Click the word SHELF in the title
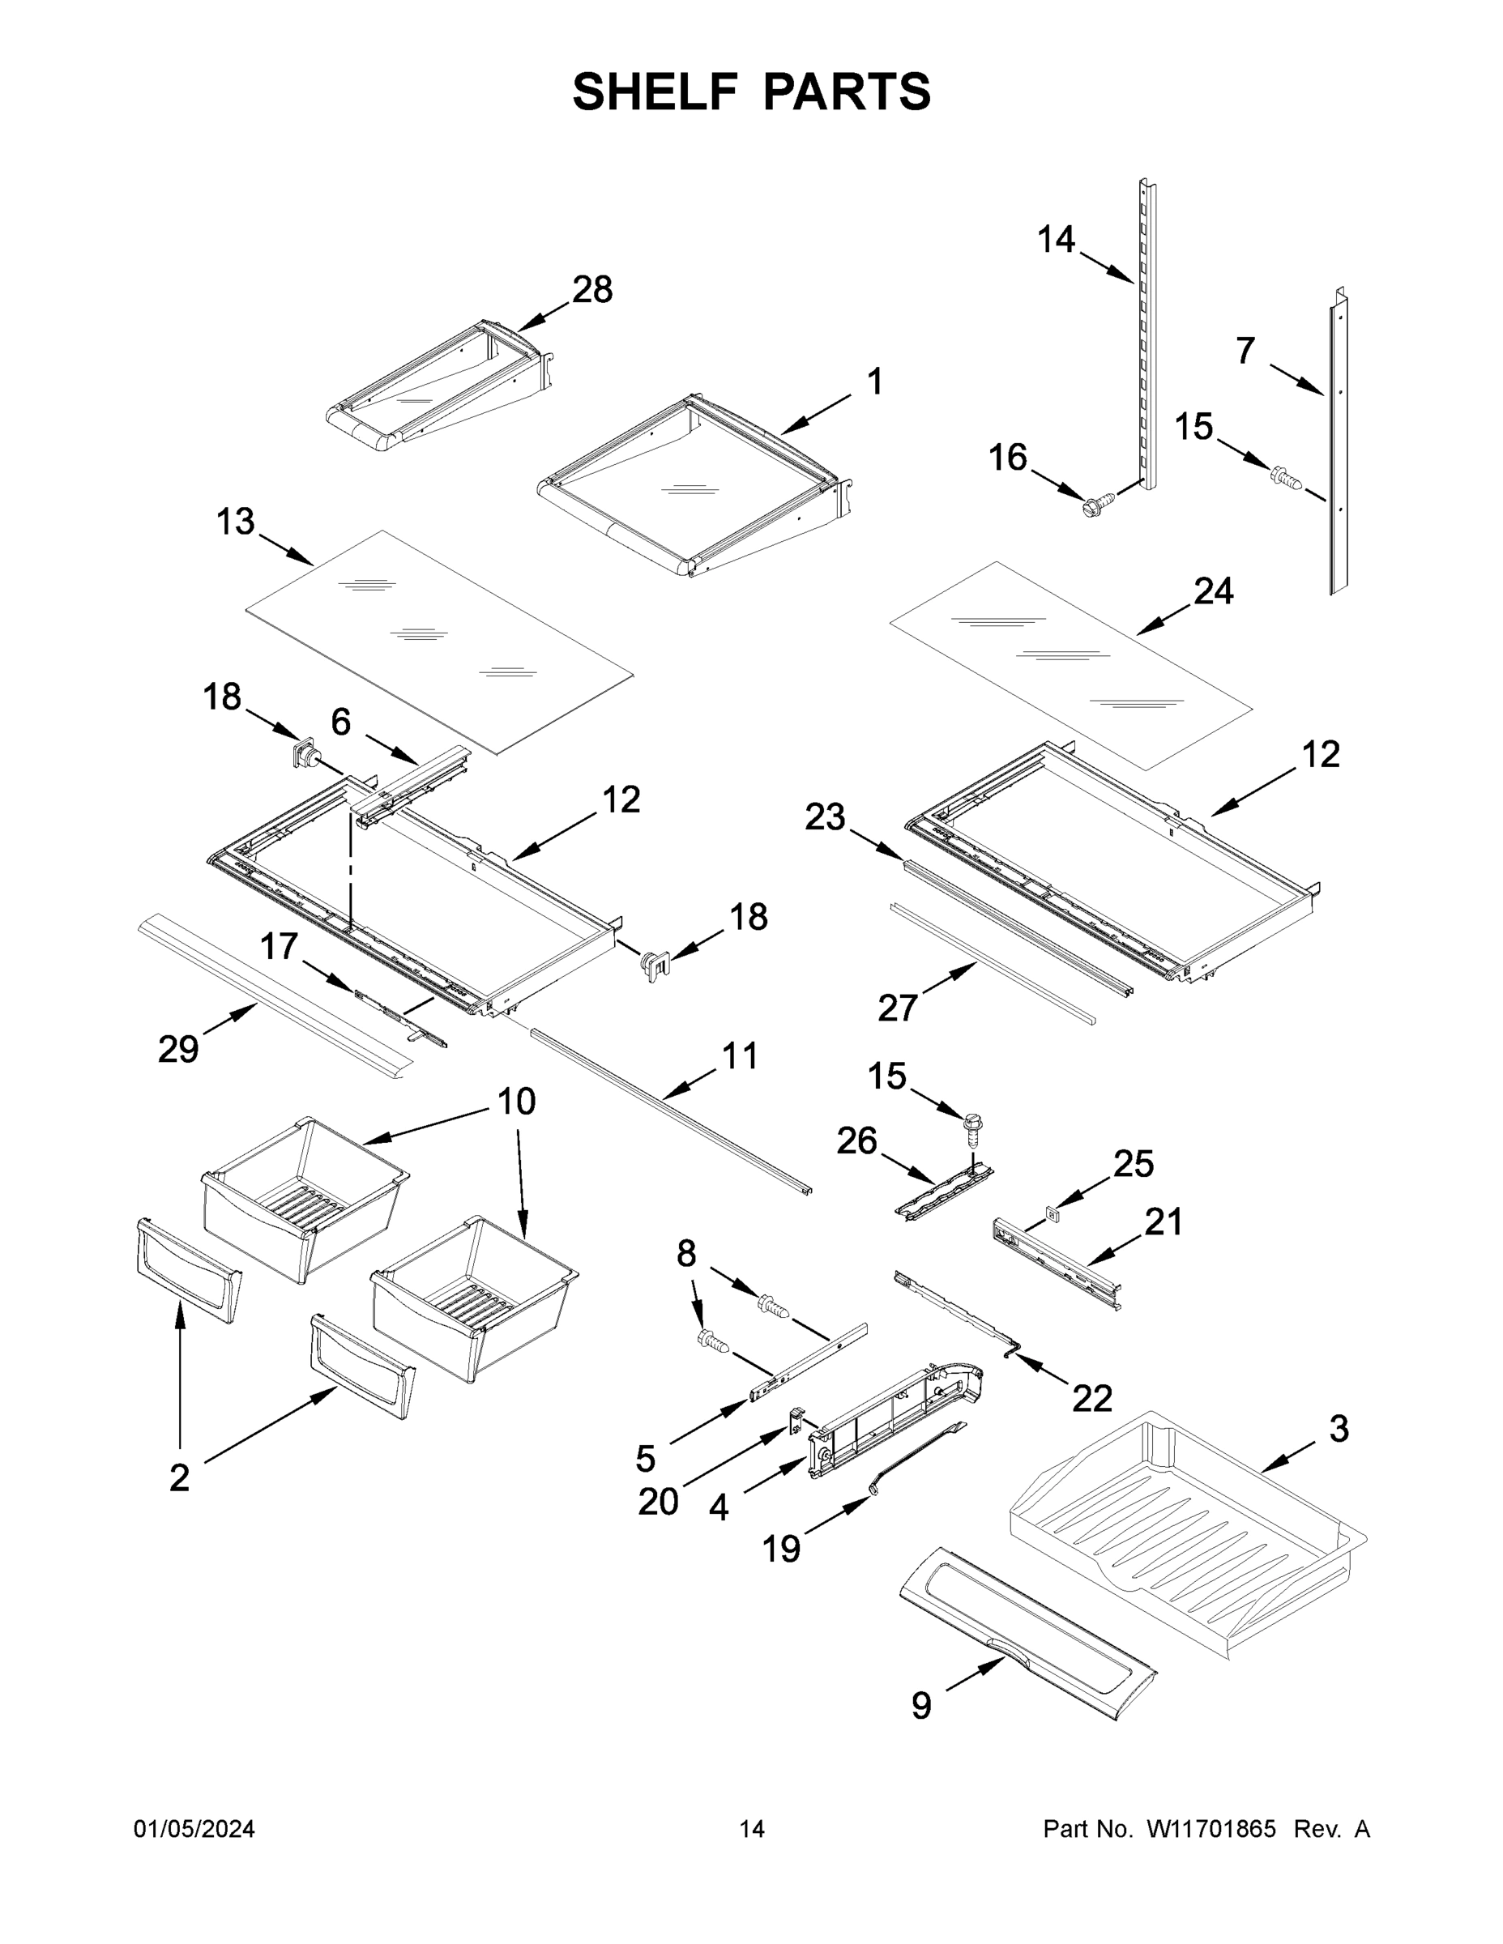pyautogui.click(x=655, y=92)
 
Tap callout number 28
pyautogui.click(x=592, y=289)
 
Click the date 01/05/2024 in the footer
pyautogui.click(x=194, y=1828)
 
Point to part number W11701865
pyautogui.click(x=1211, y=1828)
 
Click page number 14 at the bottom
pyautogui.click(x=752, y=1828)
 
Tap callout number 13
pyautogui.click(x=235, y=522)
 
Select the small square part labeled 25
pyautogui.click(x=1052, y=1212)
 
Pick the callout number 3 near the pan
pyautogui.click(x=1339, y=1429)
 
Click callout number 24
pyautogui.click(x=1214, y=590)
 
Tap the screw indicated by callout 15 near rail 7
pyautogui.click(x=1286, y=477)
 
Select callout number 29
pyautogui.click(x=178, y=1050)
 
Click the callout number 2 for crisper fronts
pyautogui.click(x=179, y=1477)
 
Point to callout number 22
pyautogui.click(x=1091, y=1398)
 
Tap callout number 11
pyautogui.click(x=739, y=1055)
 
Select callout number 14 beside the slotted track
pyautogui.click(x=1056, y=239)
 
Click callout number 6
pyautogui.click(x=341, y=722)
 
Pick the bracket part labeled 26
pyautogui.click(x=942, y=1191)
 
